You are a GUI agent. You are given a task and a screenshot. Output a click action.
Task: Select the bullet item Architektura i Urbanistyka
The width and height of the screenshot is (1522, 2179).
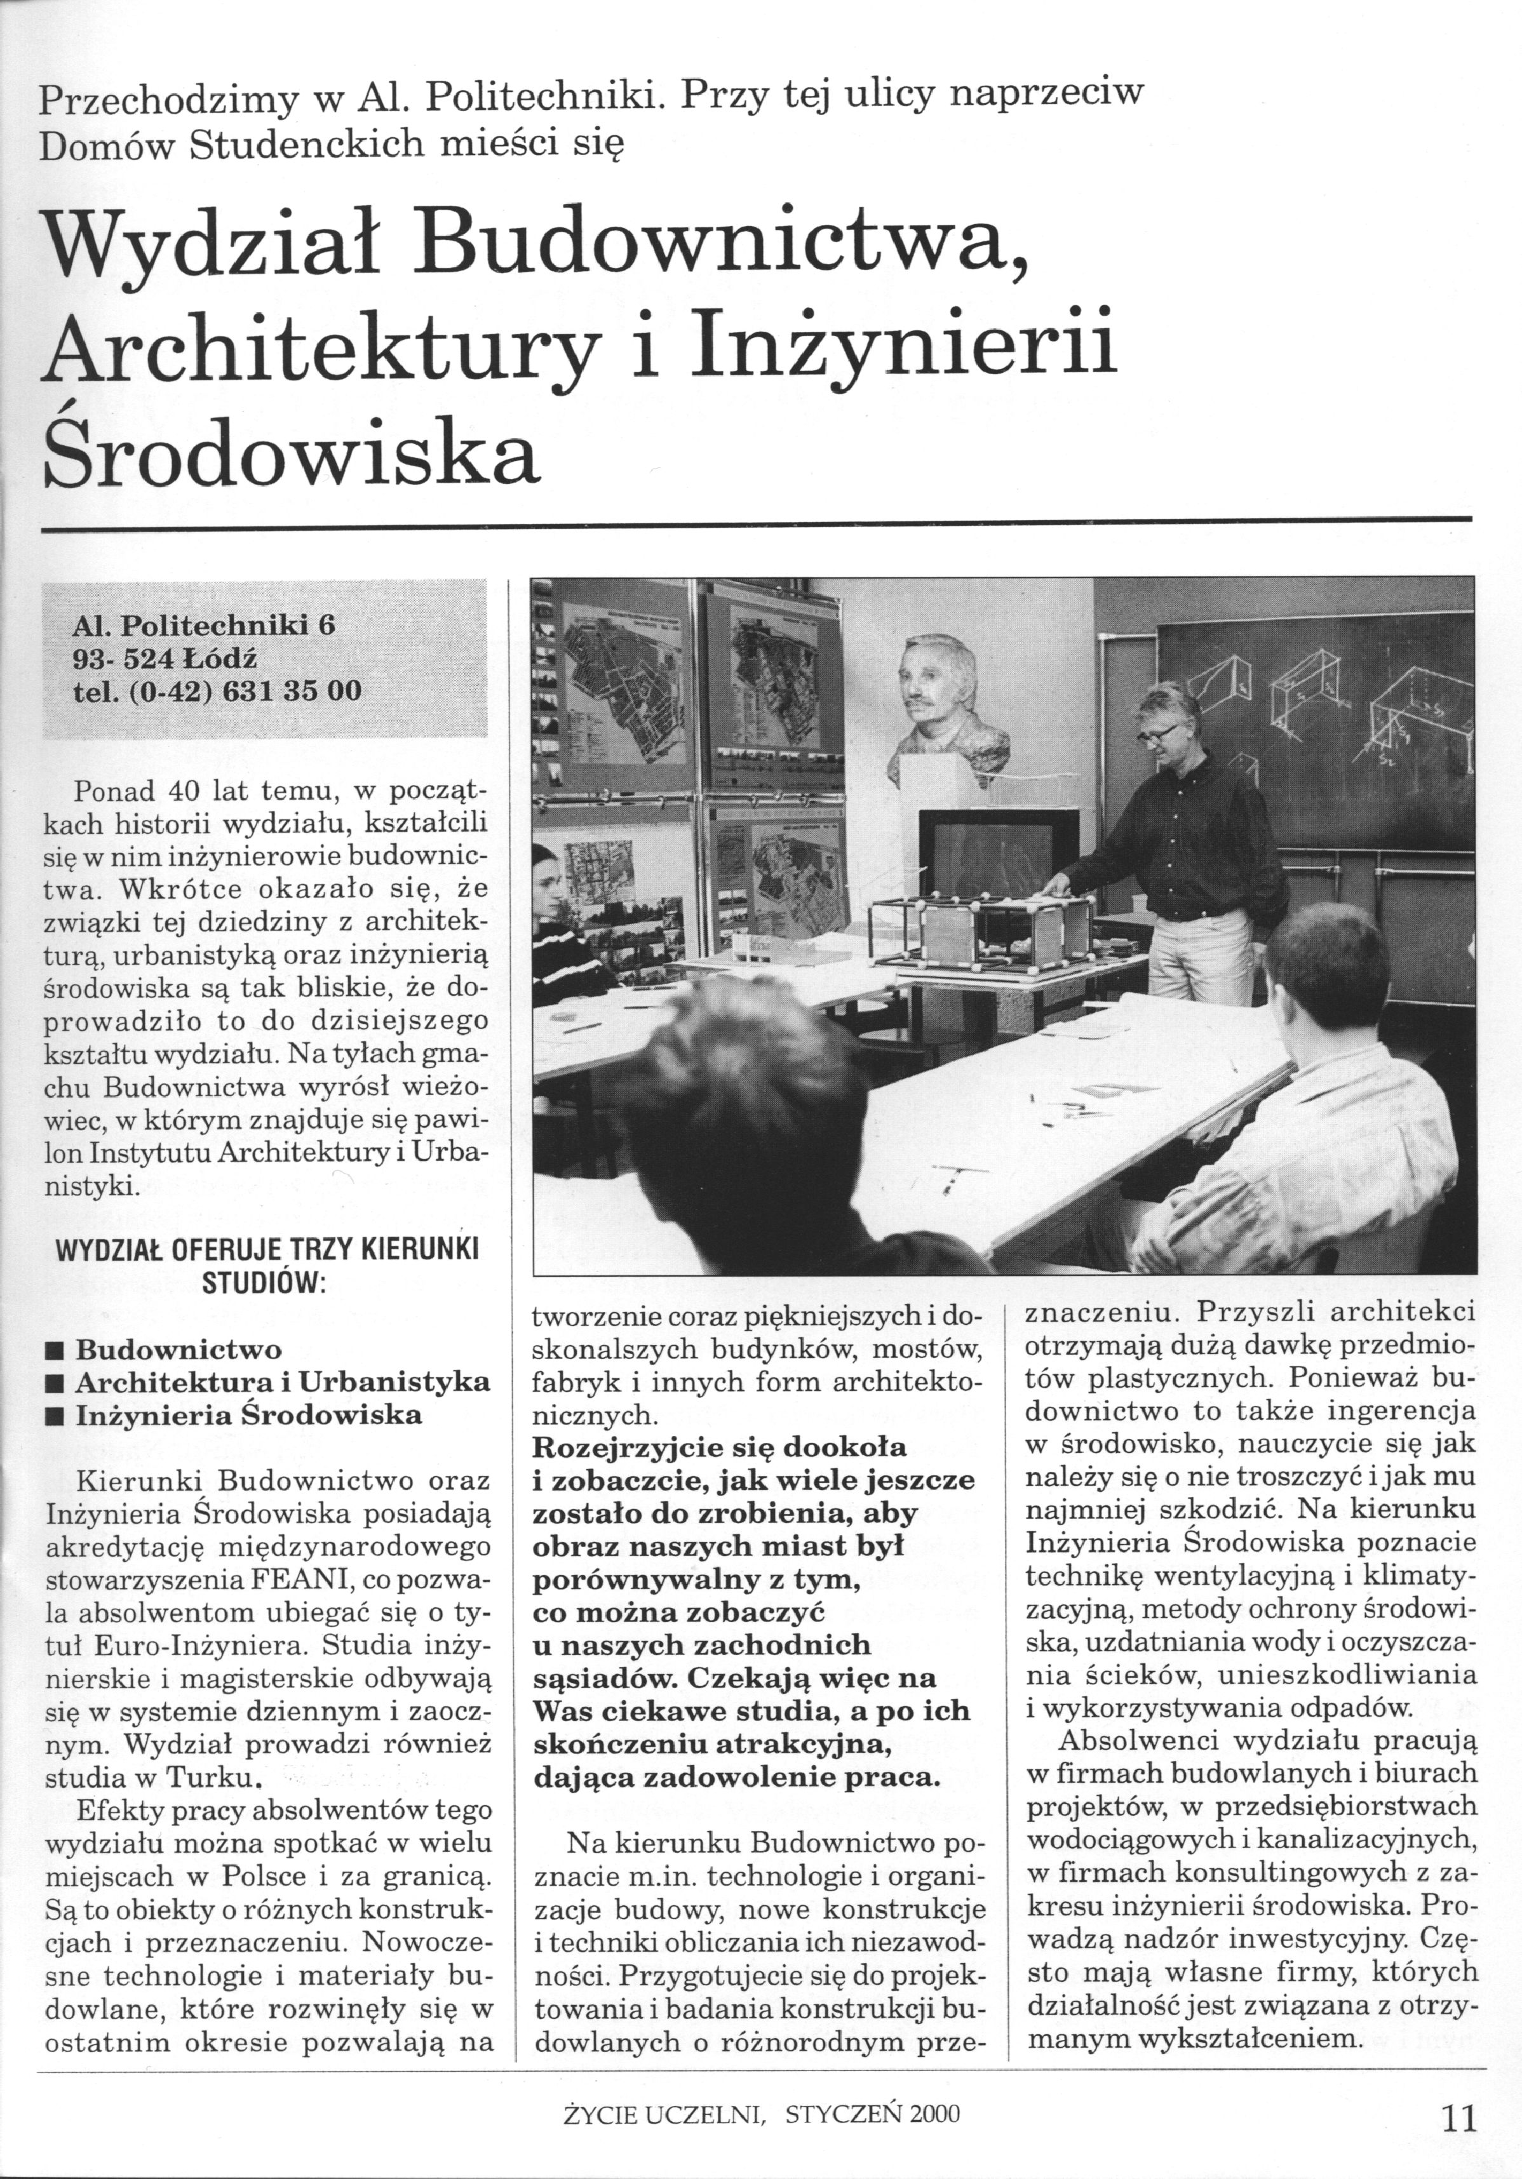(282, 1383)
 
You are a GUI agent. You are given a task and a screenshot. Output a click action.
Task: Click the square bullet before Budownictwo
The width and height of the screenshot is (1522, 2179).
(55, 1350)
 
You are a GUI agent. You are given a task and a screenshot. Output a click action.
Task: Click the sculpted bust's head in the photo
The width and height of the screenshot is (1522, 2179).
(934, 684)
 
